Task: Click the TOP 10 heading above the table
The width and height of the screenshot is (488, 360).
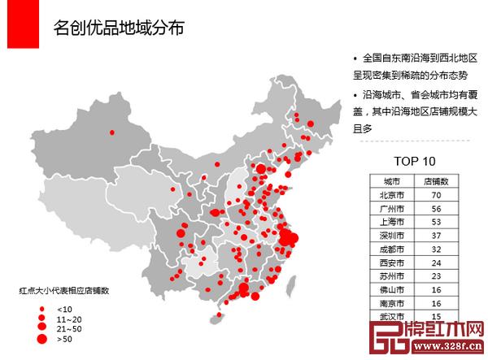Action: point(414,161)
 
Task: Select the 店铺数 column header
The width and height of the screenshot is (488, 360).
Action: point(437,181)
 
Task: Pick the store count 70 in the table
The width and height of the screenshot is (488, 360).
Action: point(437,195)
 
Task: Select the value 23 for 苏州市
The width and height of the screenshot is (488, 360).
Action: point(437,275)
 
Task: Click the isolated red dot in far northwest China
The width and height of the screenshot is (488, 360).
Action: point(111,132)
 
